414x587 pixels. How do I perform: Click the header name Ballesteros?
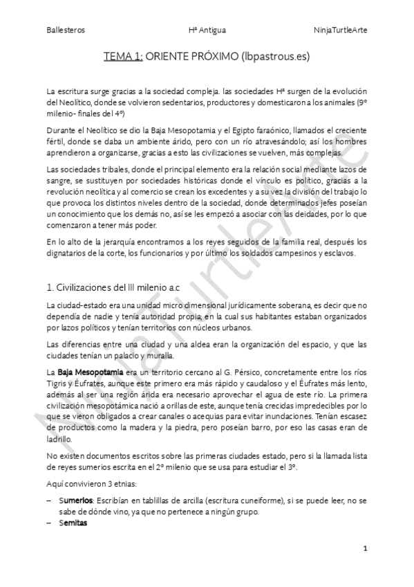pos(65,30)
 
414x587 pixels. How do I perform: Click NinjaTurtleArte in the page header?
pos(340,30)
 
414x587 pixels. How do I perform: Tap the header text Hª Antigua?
pos(207,30)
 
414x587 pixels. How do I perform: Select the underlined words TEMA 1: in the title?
pos(124,58)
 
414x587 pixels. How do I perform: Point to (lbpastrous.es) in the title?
pos(271,58)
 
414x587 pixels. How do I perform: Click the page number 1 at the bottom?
pos(365,548)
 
